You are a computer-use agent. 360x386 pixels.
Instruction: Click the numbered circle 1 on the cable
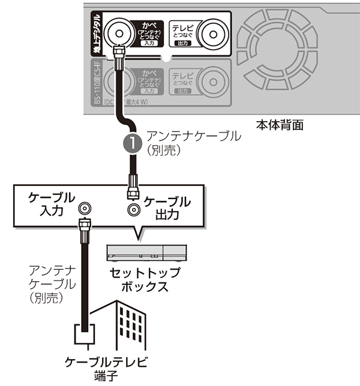pyautogui.click(x=131, y=143)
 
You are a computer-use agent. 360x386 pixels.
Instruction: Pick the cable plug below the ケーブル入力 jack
pyautogui.click(x=85, y=228)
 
